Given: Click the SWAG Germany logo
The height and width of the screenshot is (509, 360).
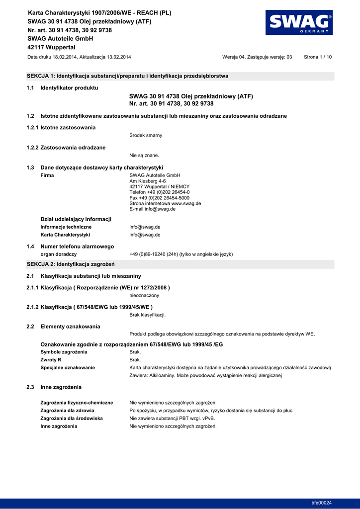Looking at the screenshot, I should [x=300, y=23].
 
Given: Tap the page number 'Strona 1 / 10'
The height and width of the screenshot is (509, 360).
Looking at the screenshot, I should [x=318, y=57].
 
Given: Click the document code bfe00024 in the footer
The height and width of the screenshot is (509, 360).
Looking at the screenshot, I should [x=322, y=503].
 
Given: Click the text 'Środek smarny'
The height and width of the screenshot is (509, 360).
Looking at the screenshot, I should [x=146, y=135].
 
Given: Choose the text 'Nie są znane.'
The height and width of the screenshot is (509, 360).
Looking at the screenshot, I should [x=144, y=155].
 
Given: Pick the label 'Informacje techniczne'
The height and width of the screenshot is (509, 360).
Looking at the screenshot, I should [x=66, y=227].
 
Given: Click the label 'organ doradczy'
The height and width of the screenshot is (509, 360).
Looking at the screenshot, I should [x=58, y=254].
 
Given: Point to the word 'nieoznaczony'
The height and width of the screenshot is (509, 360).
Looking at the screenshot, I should [x=144, y=295].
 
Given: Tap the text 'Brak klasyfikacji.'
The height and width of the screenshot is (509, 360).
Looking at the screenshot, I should [x=147, y=315].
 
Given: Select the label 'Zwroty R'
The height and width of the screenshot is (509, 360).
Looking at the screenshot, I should [x=51, y=359].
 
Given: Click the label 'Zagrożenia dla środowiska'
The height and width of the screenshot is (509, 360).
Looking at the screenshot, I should [x=72, y=418].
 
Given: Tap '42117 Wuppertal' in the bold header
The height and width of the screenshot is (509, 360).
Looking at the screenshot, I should [x=51, y=47].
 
